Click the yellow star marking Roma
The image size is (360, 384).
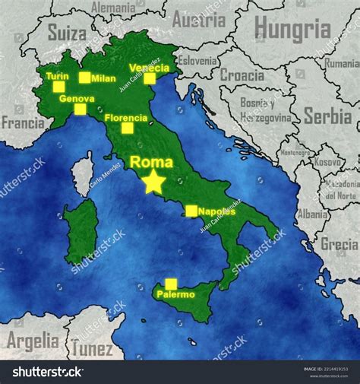point(154,181)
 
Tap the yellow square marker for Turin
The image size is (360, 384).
point(58,87)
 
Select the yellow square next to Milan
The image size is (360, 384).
point(84,78)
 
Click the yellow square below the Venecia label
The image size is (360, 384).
point(150,78)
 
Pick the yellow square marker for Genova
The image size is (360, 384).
point(80,109)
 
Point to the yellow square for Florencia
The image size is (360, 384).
point(127,128)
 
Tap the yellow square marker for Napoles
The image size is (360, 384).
point(191,211)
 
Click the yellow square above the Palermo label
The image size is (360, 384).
point(171,284)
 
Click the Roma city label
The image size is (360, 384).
point(151,162)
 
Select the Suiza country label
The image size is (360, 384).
point(67,32)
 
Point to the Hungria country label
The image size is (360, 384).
point(292,29)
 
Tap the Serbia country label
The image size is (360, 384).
point(327,116)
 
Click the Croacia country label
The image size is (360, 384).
point(242,75)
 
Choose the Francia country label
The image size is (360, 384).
point(23,122)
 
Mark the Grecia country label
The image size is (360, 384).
point(339,244)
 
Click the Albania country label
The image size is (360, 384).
point(311,214)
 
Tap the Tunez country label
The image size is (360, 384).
point(93,349)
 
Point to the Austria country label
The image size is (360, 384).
point(199,21)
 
